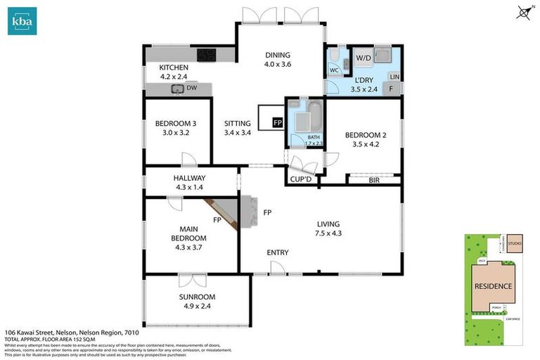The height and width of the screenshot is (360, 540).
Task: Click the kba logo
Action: [x=22, y=21]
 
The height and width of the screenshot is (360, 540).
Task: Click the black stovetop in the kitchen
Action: [x=207, y=53]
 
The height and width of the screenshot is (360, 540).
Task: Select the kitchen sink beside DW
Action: [x=176, y=88]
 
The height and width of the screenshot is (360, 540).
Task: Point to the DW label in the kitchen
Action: [x=191, y=88]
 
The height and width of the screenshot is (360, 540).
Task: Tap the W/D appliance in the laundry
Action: [x=364, y=58]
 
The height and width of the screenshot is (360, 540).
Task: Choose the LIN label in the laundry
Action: [x=394, y=76]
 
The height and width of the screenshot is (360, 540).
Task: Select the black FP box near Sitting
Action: [x=278, y=122]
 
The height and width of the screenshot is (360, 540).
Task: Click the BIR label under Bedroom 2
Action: [x=374, y=181]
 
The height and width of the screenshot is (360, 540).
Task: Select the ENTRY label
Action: [x=278, y=252]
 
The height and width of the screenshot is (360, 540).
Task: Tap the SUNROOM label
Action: [x=196, y=297]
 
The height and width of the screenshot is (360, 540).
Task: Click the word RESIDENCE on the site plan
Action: [x=497, y=286]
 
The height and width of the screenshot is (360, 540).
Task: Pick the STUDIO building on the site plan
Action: [x=515, y=244]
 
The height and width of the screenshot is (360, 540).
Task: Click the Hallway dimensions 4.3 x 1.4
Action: [x=189, y=188]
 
